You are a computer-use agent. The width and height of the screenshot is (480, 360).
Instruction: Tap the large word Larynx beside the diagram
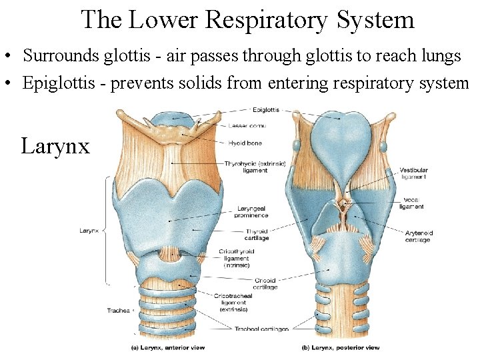tap(55, 145)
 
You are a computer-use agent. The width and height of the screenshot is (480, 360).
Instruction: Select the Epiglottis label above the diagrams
tap(266, 109)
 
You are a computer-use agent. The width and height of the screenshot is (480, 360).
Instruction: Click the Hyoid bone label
tap(245, 143)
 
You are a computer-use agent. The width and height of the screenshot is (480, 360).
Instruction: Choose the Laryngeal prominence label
tap(252, 212)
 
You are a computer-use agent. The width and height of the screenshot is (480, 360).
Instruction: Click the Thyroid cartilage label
tap(257, 235)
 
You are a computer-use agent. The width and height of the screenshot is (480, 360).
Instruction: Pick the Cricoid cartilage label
tap(265, 284)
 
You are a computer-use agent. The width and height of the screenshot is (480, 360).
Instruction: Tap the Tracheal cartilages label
tap(261, 329)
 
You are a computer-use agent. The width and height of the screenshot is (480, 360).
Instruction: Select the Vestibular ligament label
tap(414, 173)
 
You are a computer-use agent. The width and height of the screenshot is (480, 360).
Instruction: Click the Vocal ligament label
tap(412, 203)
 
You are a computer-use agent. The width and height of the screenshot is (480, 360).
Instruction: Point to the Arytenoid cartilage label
tap(419, 237)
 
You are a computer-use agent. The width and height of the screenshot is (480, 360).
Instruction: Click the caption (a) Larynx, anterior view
tap(167, 347)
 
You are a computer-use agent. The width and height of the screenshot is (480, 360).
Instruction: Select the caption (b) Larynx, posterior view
tap(341, 347)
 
